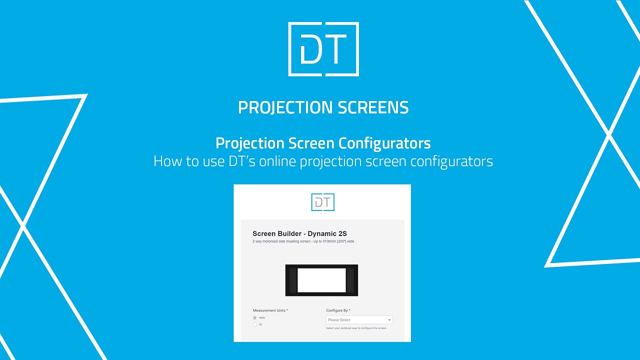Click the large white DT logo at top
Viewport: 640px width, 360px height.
tap(323, 49)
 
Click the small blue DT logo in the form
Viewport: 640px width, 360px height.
tap(322, 202)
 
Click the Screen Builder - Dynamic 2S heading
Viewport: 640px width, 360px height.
tap(299, 233)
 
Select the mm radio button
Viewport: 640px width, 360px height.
tap(255, 317)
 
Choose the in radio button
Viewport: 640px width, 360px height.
tap(255, 324)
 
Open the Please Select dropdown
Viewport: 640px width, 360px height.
tap(358, 320)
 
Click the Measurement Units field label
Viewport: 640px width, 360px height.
tap(269, 310)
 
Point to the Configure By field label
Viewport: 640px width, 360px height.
tap(337, 310)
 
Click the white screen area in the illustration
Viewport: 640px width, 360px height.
tap(321, 280)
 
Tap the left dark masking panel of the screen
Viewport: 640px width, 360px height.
tap(293, 280)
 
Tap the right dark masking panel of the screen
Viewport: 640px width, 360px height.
tap(350, 280)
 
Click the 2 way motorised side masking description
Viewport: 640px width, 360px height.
tap(303, 241)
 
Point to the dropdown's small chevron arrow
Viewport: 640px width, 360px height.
tap(389, 320)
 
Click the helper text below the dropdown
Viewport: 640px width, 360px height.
tap(356, 328)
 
